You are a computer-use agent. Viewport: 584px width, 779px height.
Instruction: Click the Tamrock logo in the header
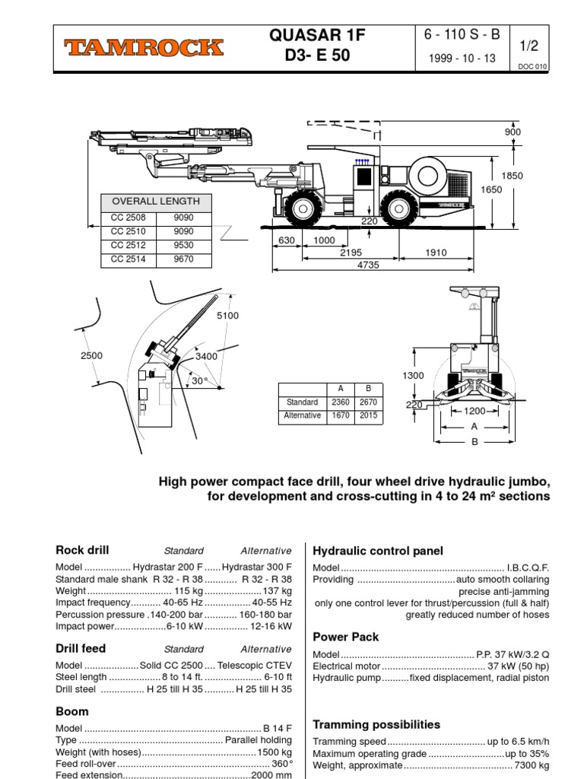pos(144,48)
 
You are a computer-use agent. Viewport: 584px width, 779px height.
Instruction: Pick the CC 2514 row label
pos(128,259)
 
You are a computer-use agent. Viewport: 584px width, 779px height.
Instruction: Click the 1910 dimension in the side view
pos(436,253)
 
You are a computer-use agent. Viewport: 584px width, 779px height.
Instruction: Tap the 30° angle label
pos(199,381)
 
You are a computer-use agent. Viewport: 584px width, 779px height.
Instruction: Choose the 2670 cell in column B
pos(367,402)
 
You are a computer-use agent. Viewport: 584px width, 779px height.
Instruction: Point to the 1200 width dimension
pos(474,412)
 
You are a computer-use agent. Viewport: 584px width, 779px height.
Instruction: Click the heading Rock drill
pos(83,550)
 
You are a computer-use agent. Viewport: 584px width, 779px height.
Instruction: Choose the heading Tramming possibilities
pos(376,724)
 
